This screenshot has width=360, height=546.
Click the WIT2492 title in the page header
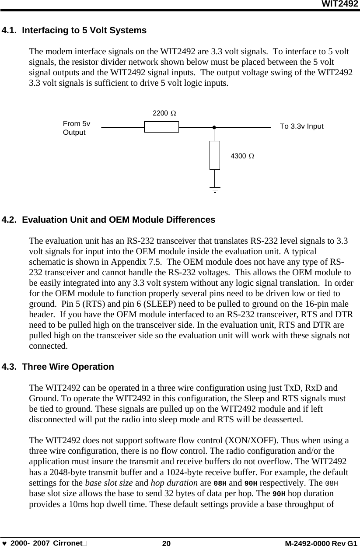pyautogui.click(x=340, y=4)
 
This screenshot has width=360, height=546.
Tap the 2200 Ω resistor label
pyautogui.click(x=164, y=113)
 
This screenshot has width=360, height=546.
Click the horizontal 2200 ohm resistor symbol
pyautogui.click(x=161, y=127)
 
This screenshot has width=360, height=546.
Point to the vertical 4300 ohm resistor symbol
pyautogui.click(x=214, y=155)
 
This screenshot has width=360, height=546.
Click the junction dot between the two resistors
pyautogui.click(x=214, y=127)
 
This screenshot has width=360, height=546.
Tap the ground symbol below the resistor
pyautogui.click(x=215, y=189)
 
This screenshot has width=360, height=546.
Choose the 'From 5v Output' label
pyautogui.click(x=77, y=128)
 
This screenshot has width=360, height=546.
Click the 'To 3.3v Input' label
pyautogui.click(x=301, y=126)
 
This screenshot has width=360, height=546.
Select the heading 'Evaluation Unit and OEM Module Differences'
pyautogui.click(x=118, y=220)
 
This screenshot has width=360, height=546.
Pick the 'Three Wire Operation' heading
pyautogui.click(x=68, y=367)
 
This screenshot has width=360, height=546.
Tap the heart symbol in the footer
pyautogui.click(x=4, y=543)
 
